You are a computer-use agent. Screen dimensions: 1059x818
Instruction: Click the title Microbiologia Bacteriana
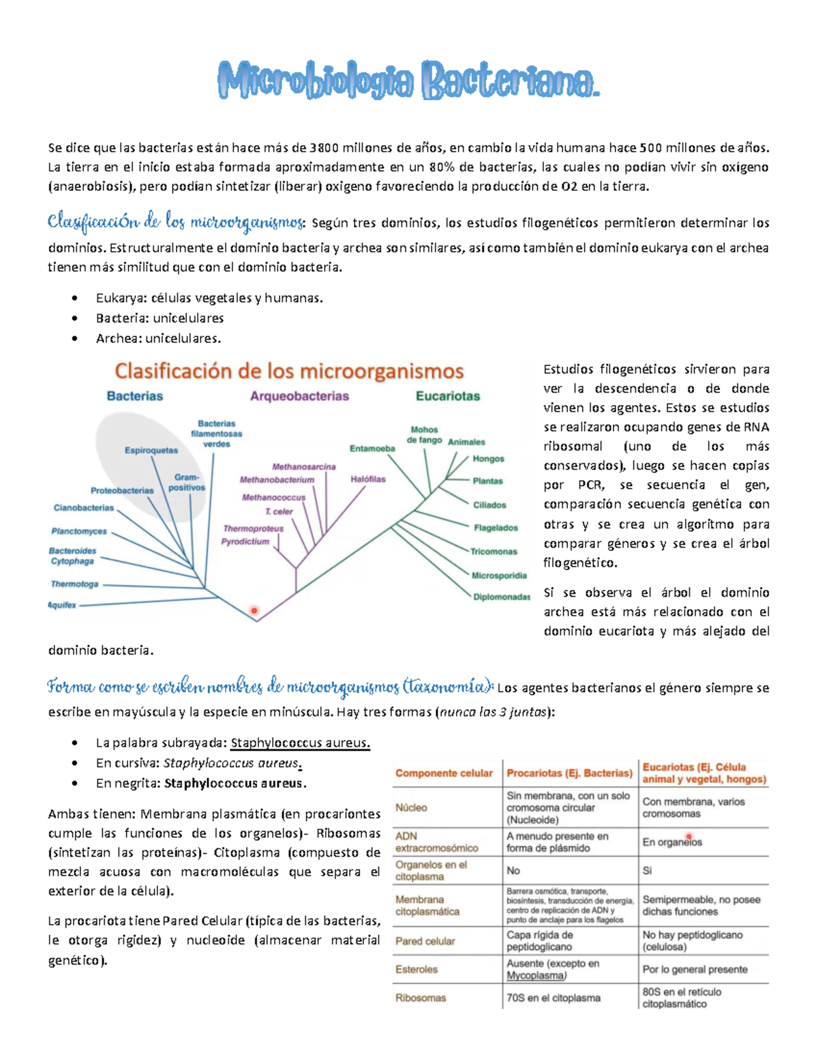(409, 81)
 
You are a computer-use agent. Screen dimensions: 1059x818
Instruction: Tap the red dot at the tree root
(254, 610)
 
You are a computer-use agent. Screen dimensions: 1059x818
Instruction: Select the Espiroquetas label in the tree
(151, 450)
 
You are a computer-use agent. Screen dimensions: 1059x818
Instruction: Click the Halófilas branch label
(368, 479)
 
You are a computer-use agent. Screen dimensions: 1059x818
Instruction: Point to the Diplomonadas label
(502, 597)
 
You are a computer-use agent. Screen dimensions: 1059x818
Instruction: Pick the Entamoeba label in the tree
(372, 448)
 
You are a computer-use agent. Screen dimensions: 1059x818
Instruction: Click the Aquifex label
(62, 605)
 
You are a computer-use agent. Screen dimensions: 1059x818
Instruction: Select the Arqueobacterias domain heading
(299, 396)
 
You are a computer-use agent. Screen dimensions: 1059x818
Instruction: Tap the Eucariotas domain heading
(448, 396)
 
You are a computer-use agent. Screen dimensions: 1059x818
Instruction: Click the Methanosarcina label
(304, 467)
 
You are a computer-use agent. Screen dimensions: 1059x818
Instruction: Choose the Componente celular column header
(444, 773)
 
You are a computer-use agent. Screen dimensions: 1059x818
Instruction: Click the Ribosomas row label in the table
(421, 998)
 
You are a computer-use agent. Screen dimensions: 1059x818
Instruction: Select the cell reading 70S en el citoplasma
(554, 998)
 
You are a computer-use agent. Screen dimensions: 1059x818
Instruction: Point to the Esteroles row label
(416, 969)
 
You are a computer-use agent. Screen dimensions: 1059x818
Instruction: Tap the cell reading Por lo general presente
(695, 969)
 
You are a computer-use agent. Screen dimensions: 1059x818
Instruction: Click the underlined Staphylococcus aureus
(300, 743)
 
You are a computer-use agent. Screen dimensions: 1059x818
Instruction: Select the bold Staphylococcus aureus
(235, 783)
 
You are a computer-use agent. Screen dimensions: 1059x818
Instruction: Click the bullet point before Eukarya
(74, 298)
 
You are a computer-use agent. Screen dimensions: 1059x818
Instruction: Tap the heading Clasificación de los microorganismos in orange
(289, 372)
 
